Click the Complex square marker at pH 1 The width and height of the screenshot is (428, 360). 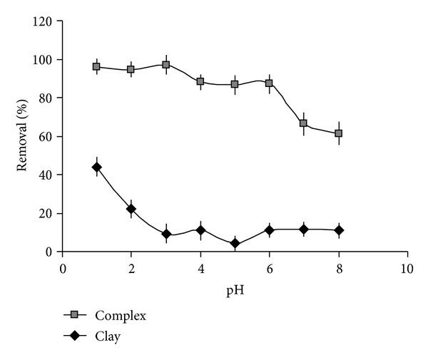click(97, 66)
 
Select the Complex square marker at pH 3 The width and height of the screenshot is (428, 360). click(165, 65)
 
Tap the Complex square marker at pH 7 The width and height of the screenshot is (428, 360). click(303, 123)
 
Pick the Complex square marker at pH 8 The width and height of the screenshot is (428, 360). click(338, 133)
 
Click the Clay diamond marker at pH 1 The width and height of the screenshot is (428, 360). click(97, 167)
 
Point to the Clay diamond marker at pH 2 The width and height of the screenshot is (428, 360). click(131, 209)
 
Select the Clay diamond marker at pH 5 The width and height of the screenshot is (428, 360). click(235, 244)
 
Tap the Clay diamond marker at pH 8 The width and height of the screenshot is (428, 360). click(338, 230)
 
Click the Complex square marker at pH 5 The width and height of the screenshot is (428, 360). click(235, 84)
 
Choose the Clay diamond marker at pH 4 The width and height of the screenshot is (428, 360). click(200, 230)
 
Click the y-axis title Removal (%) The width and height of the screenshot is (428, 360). click(24, 136)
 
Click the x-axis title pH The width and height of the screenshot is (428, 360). click(235, 292)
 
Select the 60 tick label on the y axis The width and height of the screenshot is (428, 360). click(48, 136)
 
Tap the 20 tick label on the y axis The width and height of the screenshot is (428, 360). click(48, 213)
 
